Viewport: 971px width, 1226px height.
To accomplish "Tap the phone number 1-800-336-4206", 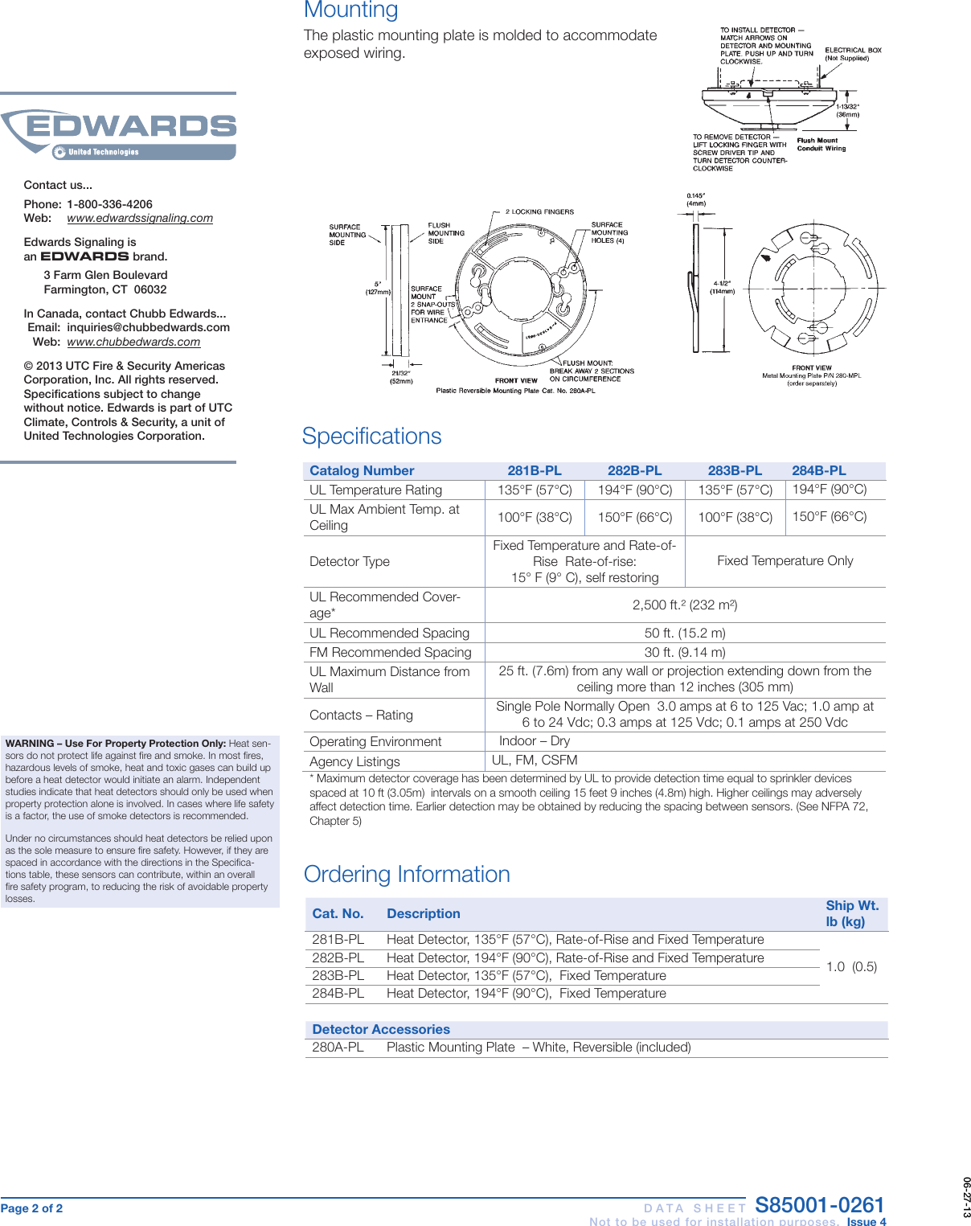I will pyautogui.click(x=109, y=204).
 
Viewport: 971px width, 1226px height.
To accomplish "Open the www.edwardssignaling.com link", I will pyautogui.click(x=140, y=218).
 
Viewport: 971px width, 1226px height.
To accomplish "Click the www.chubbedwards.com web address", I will pyautogui.click(x=133, y=342).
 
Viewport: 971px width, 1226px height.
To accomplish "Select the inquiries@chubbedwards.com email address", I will pyautogui.click(x=148, y=327).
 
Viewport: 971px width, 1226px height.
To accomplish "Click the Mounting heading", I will pyautogui.click(x=350, y=10).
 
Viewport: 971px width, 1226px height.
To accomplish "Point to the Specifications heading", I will pyautogui.click(x=372, y=436).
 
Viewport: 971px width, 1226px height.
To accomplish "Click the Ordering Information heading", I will pyautogui.click(x=407, y=874).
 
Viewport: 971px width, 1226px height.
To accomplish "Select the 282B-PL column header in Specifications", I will pyautogui.click(x=634, y=471).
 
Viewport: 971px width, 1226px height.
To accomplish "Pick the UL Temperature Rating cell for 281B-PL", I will pyautogui.click(x=535, y=490).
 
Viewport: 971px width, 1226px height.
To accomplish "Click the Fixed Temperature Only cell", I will pyautogui.click(x=785, y=560).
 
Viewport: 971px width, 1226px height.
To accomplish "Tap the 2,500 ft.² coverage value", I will pyautogui.click(x=685, y=605).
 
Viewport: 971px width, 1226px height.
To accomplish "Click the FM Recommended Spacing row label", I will pyautogui.click(x=390, y=652).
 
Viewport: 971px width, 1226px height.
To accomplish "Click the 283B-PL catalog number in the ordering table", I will pyautogui.click(x=338, y=975).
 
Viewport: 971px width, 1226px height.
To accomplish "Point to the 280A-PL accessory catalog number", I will pyautogui.click(x=338, y=1047).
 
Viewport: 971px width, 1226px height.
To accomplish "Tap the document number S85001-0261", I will pyautogui.click(x=819, y=1205).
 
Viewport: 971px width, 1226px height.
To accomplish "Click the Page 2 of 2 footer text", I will pyautogui.click(x=31, y=1208).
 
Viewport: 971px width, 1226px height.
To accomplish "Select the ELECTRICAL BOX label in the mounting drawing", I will pyautogui.click(x=853, y=51).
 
